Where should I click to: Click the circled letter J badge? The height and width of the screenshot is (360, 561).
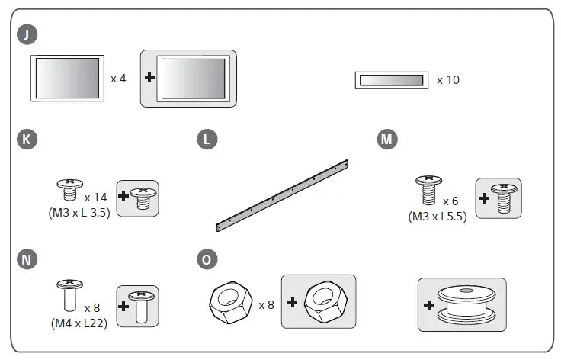coord(28,34)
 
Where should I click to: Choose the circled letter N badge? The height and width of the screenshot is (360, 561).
coord(28,260)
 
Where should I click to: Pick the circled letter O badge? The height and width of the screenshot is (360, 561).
coord(207,260)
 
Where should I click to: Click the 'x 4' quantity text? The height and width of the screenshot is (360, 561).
coord(118,79)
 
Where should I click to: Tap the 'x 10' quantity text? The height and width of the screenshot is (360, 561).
coord(448,79)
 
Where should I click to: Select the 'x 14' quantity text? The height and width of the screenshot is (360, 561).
coord(97,198)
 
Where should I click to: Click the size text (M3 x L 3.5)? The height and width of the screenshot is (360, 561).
coord(79,213)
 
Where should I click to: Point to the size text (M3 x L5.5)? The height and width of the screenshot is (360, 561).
coord(438,216)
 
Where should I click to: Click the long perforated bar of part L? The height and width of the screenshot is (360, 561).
coord(282,195)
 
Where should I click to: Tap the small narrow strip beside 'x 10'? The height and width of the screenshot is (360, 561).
coord(390,80)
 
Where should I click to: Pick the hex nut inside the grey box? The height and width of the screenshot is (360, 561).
coord(325,303)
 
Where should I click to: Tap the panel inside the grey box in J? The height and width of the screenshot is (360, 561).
coord(194,79)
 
